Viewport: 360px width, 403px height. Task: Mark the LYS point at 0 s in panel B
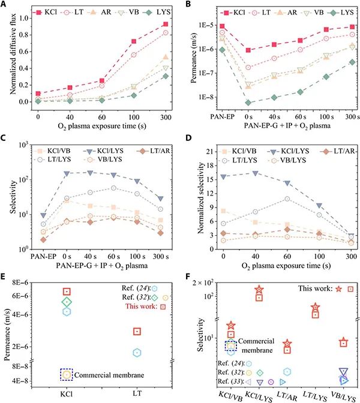[x=231, y=103]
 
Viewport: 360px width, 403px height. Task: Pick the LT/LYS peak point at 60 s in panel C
[x=113, y=188]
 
